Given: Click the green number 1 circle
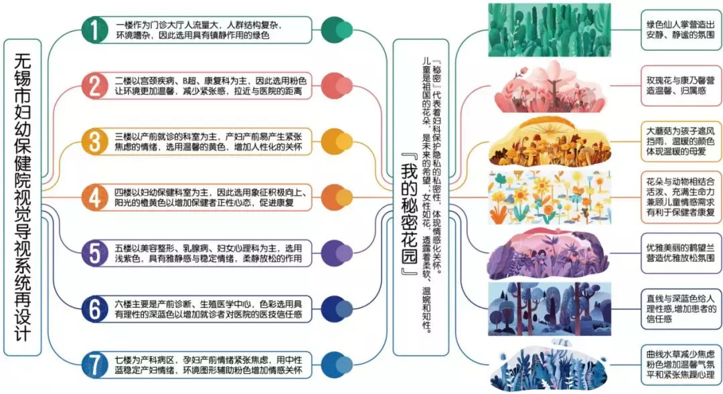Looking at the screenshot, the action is pos(94,29).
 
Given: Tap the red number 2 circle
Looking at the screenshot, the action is pos(94,85).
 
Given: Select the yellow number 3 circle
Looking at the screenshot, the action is pos(94,140).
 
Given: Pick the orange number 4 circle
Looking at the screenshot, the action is pos(94,196).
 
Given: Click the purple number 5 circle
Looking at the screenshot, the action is pos(94,252).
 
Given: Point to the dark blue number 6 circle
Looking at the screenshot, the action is pos(94,308).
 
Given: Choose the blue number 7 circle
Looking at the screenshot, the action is pos(94,364).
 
